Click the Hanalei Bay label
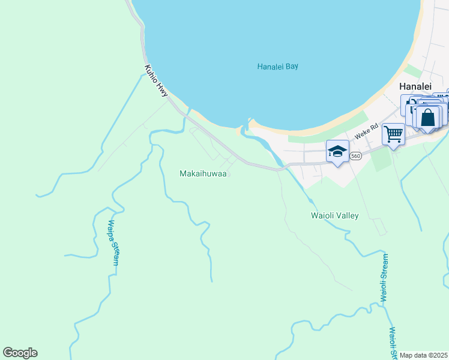(x=277, y=67)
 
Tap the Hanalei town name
(x=415, y=86)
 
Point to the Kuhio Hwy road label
(x=155, y=80)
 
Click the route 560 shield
(x=356, y=155)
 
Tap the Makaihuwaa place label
(x=203, y=173)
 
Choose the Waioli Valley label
(x=334, y=215)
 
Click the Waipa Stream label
(x=113, y=242)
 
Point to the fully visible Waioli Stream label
(x=384, y=278)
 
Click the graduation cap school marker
(x=337, y=152)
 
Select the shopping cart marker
(x=393, y=134)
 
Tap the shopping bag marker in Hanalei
(x=428, y=117)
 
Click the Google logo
(x=20, y=353)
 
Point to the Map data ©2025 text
(x=423, y=355)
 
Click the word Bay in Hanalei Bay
(x=292, y=67)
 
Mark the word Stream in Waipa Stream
(x=116, y=253)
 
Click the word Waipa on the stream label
(x=111, y=230)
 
